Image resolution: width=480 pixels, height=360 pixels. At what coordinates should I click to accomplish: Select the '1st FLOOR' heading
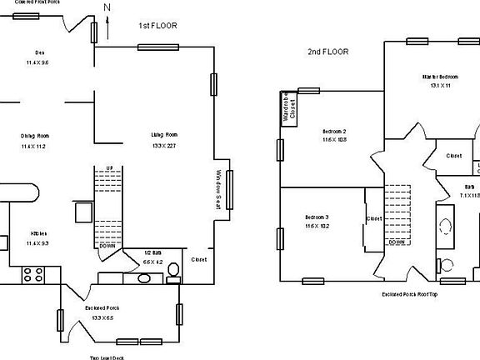point(157,27)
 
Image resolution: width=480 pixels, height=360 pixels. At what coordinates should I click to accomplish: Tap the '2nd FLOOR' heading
point(327,52)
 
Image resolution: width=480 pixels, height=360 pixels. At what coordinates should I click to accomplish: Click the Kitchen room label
point(38,233)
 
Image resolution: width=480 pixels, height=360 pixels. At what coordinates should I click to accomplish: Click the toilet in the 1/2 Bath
point(172,269)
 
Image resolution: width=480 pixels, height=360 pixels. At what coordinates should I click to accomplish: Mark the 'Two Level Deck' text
point(106,357)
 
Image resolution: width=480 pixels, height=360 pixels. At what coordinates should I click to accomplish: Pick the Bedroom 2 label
point(334,131)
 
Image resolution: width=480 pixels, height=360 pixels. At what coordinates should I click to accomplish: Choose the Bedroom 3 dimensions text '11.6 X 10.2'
point(317,225)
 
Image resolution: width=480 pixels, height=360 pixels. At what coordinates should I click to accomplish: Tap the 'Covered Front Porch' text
point(44,2)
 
